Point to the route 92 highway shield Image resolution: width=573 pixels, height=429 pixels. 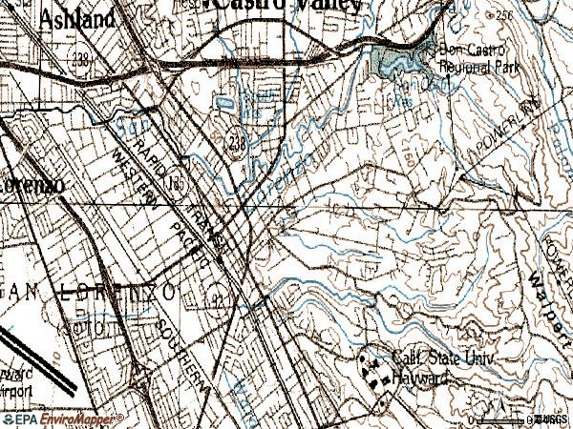click(221, 302)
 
